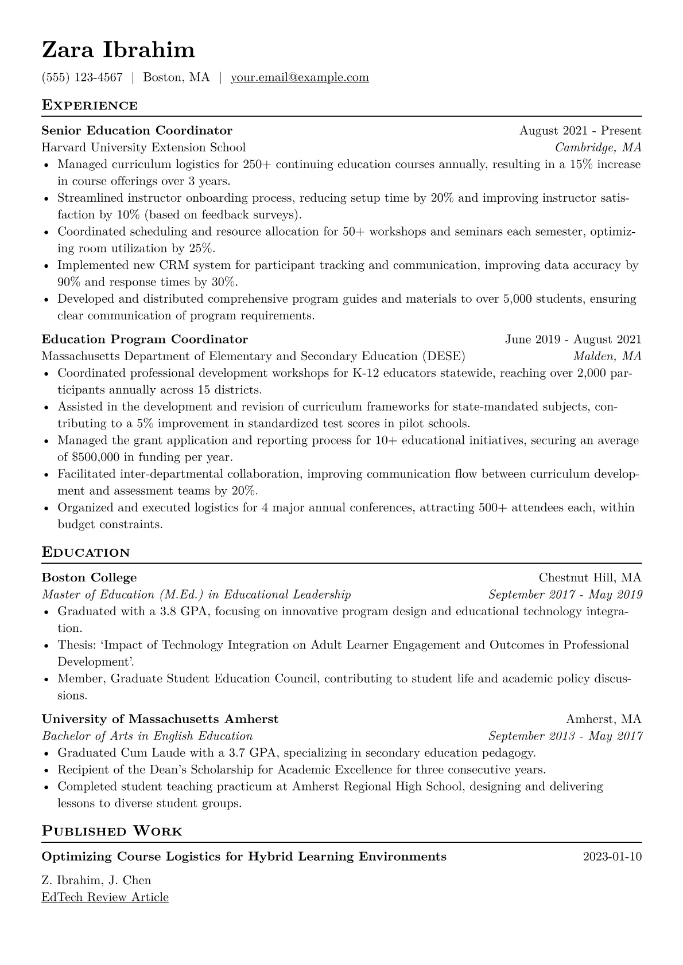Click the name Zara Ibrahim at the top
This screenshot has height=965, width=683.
pyautogui.click(x=118, y=50)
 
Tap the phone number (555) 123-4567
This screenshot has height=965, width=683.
pyautogui.click(x=82, y=77)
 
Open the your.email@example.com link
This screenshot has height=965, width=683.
pyautogui.click(x=300, y=77)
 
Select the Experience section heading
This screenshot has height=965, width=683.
pyautogui.click(x=90, y=106)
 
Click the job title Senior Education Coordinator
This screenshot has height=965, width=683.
pyautogui.click(x=137, y=131)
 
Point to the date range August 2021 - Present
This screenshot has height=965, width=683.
pyautogui.click(x=580, y=131)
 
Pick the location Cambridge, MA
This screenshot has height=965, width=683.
pyautogui.click(x=598, y=147)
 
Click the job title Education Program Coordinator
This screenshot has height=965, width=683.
pyautogui.click(x=145, y=339)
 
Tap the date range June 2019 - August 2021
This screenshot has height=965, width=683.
pyautogui.click(x=573, y=339)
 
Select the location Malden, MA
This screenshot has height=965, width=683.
pyautogui.click(x=607, y=356)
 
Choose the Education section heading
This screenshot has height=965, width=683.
pyautogui.click(x=86, y=553)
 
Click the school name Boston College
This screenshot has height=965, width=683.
pyautogui.click(x=90, y=577)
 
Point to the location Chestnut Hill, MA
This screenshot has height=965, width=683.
pyautogui.click(x=590, y=577)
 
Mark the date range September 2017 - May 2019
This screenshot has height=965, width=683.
pyautogui.click(x=565, y=595)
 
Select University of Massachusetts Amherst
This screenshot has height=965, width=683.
pyautogui.click(x=160, y=719)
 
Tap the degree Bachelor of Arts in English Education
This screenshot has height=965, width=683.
pyautogui.click(x=148, y=736)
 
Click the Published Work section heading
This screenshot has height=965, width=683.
pyautogui.click(x=112, y=831)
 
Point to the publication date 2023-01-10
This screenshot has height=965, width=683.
pyautogui.click(x=612, y=857)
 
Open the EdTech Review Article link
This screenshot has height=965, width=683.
pyautogui.click(x=105, y=897)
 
